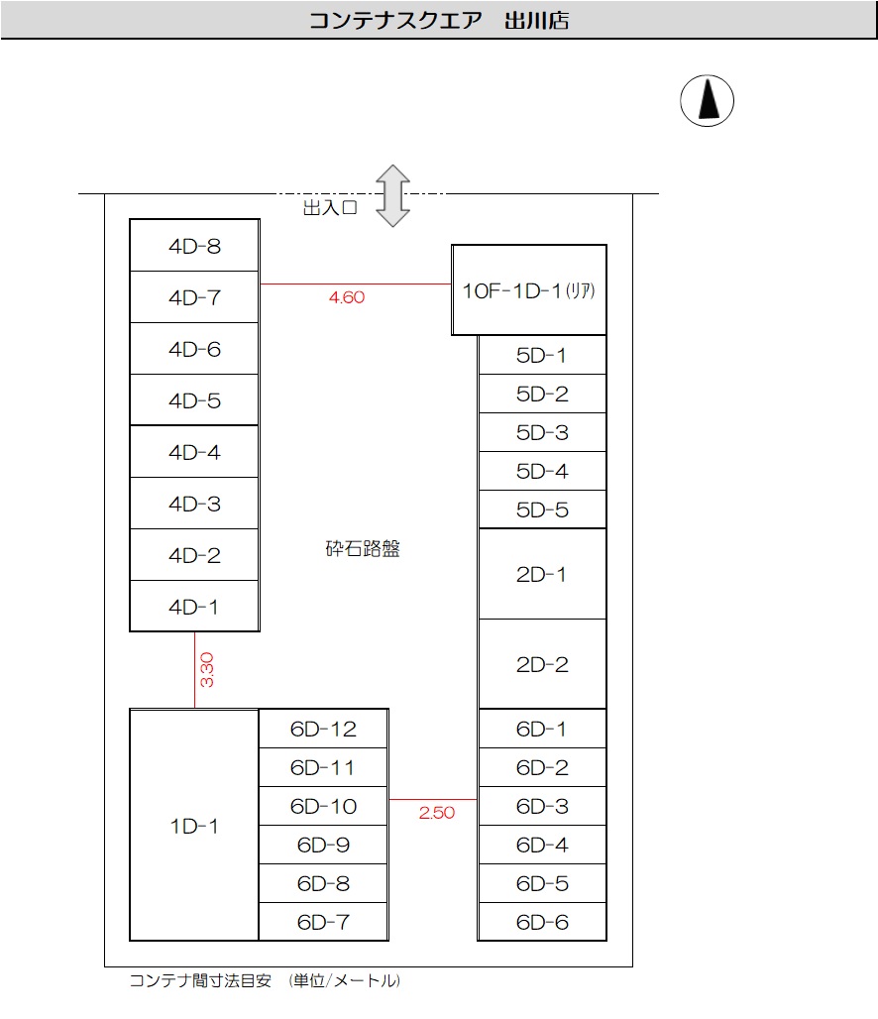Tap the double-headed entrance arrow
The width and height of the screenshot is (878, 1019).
click(392, 196)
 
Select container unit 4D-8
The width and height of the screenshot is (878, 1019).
click(194, 246)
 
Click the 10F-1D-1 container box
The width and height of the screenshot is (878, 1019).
click(529, 290)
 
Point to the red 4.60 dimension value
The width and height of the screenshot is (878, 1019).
click(346, 297)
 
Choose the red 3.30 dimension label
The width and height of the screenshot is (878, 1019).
click(207, 670)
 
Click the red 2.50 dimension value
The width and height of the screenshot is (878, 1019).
click(436, 813)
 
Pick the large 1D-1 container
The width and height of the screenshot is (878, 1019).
click(194, 826)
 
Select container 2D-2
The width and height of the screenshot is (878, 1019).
click(542, 664)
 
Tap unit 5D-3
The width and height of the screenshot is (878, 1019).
click(542, 432)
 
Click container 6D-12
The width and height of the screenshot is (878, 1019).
click(323, 730)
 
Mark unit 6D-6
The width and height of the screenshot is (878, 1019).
click(542, 922)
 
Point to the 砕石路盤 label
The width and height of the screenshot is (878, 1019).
click(363, 549)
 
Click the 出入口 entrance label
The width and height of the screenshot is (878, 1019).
click(329, 208)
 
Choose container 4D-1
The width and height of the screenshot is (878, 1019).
click(194, 607)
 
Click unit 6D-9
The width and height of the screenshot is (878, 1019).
click(323, 846)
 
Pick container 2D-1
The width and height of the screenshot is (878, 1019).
click(542, 574)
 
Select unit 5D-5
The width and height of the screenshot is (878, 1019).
click(542, 509)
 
